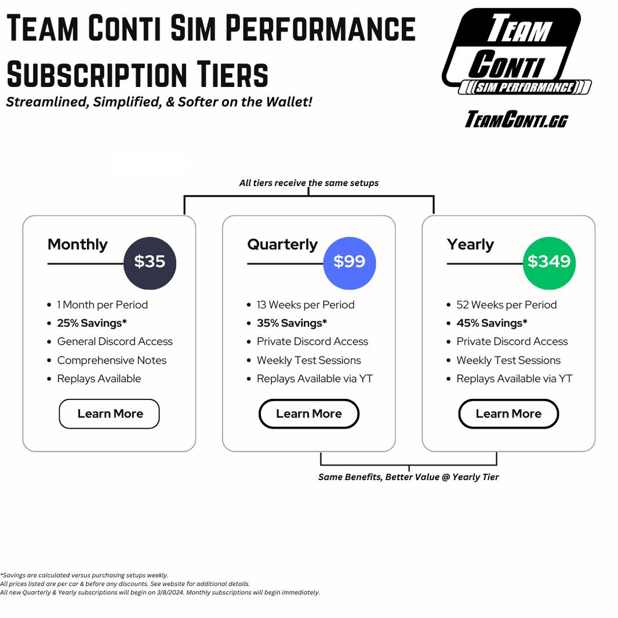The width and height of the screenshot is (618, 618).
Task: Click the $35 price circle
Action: (x=150, y=262)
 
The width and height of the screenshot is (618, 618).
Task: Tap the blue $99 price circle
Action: (x=349, y=262)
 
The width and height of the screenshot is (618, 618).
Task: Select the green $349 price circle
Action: (x=548, y=262)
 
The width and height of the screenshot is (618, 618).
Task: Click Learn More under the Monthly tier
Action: (x=110, y=414)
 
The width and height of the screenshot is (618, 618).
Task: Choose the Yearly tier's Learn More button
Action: (x=508, y=414)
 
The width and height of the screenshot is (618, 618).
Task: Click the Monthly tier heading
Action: (x=78, y=245)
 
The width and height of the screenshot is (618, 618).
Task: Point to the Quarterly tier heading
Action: (x=282, y=245)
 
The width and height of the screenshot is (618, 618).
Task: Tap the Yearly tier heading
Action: (x=470, y=245)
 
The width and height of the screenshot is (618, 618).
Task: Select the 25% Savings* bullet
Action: (x=92, y=323)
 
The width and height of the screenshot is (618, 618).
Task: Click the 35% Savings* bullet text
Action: (x=292, y=323)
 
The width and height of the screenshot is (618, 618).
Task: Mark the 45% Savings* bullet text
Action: (x=492, y=323)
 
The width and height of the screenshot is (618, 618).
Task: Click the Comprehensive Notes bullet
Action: (x=111, y=361)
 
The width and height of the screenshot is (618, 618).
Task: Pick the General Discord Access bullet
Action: (x=115, y=342)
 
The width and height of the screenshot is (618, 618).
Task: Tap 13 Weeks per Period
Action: (x=306, y=305)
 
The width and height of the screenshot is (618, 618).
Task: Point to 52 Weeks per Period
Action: (x=506, y=305)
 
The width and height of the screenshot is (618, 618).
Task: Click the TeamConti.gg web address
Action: (x=516, y=120)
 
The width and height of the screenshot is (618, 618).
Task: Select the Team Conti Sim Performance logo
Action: (x=516, y=52)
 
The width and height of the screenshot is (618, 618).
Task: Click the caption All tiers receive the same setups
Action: (x=308, y=183)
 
